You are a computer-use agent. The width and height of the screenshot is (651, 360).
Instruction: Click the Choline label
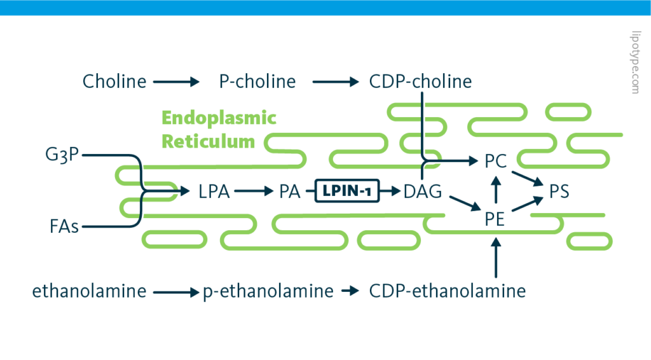[x=114, y=81]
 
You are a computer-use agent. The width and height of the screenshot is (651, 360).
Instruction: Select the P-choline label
[x=257, y=81]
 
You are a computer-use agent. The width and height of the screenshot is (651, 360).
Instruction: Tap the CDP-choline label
[x=420, y=81]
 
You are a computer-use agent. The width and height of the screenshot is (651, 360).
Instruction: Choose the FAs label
[x=64, y=226]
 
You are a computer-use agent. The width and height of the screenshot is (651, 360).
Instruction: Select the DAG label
[x=422, y=191]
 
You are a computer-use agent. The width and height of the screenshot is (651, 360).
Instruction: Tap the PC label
[x=495, y=162]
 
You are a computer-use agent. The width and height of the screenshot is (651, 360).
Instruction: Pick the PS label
[x=559, y=191]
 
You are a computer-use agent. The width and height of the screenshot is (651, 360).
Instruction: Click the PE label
[x=495, y=219]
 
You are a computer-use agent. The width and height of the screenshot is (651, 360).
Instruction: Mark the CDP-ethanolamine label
[x=448, y=291]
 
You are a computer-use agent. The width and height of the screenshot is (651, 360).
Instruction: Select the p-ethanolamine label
[x=268, y=291]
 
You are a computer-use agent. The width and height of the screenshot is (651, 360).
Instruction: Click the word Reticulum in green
[x=209, y=141]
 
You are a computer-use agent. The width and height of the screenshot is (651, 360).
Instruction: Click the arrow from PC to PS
[x=526, y=176]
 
